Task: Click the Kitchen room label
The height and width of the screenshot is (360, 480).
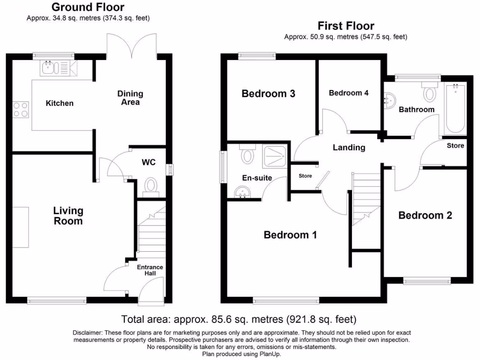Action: pos(60,103)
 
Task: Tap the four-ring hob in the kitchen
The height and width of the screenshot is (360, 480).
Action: pos(20,110)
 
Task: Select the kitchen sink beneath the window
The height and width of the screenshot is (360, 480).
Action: pos(48,69)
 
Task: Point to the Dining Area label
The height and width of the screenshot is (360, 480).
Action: pos(130,98)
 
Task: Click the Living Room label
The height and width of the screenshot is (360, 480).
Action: pos(68,216)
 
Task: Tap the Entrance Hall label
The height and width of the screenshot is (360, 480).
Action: pos(150,270)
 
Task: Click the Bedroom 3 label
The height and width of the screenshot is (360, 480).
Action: pos(268,94)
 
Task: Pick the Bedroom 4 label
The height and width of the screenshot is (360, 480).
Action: pos(348,93)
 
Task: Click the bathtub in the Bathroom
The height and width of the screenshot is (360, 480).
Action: pos(454,109)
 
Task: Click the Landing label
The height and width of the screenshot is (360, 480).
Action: pos(349,148)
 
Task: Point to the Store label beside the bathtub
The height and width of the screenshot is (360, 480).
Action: pos(455,146)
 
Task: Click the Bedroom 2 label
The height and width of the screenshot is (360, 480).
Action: pos(425,216)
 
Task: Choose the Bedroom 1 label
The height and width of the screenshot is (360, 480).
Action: pos(290,234)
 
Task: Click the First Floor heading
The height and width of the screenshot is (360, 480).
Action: pos(346,26)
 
